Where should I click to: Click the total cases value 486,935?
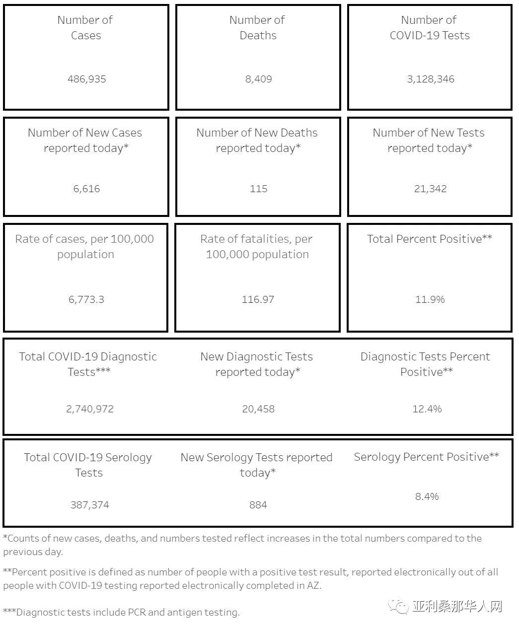point(86,79)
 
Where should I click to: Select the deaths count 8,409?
point(258,79)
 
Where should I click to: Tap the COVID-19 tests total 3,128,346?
point(430,79)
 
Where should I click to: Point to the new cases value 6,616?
point(86,189)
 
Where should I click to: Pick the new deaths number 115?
point(258,189)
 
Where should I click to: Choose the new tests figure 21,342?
point(430,189)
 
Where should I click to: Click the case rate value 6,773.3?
point(86,299)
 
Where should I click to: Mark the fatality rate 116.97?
point(258,299)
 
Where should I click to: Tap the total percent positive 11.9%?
point(430,299)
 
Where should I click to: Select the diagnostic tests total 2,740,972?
point(90,409)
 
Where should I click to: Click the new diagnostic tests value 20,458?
point(258,409)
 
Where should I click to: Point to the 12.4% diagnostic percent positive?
point(427,409)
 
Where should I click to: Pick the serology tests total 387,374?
point(90,505)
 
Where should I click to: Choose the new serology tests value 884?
point(258,505)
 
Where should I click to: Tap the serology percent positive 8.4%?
point(427,496)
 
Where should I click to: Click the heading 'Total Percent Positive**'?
point(430,239)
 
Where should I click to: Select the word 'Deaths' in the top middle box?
point(258,35)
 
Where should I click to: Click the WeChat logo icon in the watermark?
point(399,606)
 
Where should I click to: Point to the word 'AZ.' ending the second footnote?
point(314,585)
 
